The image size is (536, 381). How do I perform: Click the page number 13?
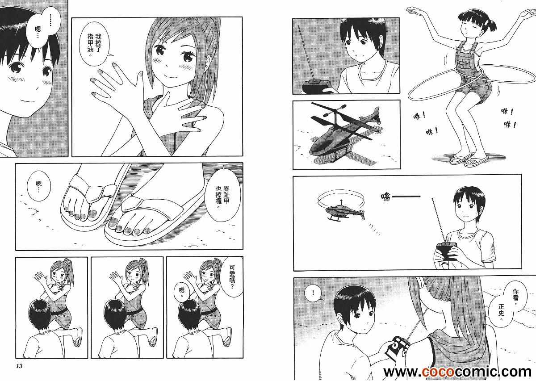click(19, 366)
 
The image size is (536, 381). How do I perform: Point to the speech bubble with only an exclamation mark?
click(313, 293)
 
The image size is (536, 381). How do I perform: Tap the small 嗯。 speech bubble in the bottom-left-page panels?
click(182, 291)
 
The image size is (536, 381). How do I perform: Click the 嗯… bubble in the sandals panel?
click(38, 186)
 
